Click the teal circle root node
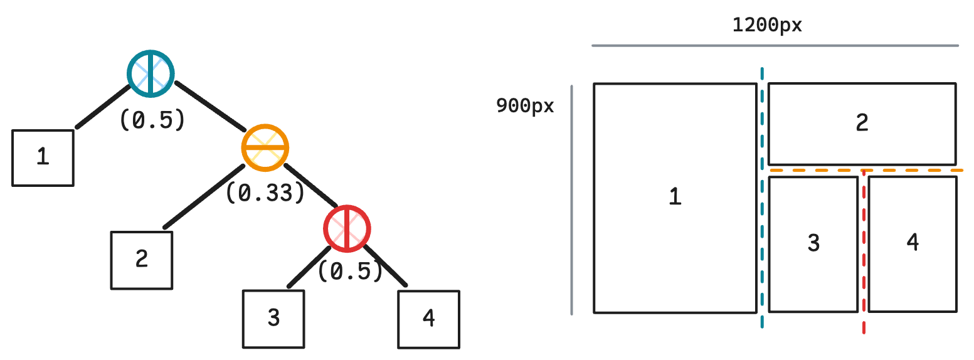click(151, 73)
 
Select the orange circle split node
click(265, 148)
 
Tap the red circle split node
click(347, 229)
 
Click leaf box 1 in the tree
click(43, 158)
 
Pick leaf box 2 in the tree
click(142, 260)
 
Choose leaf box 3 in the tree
click(273, 319)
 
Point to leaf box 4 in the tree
click(429, 319)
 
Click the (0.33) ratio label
click(265, 193)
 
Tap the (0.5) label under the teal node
click(152, 120)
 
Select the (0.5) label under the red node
click(351, 271)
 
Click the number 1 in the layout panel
click(675, 196)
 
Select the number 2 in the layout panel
click(862, 122)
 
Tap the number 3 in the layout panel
click(813, 243)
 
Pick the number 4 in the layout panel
click(913, 241)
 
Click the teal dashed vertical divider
click(762, 198)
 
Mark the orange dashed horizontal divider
click(866, 170)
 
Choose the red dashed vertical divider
click(864, 252)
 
